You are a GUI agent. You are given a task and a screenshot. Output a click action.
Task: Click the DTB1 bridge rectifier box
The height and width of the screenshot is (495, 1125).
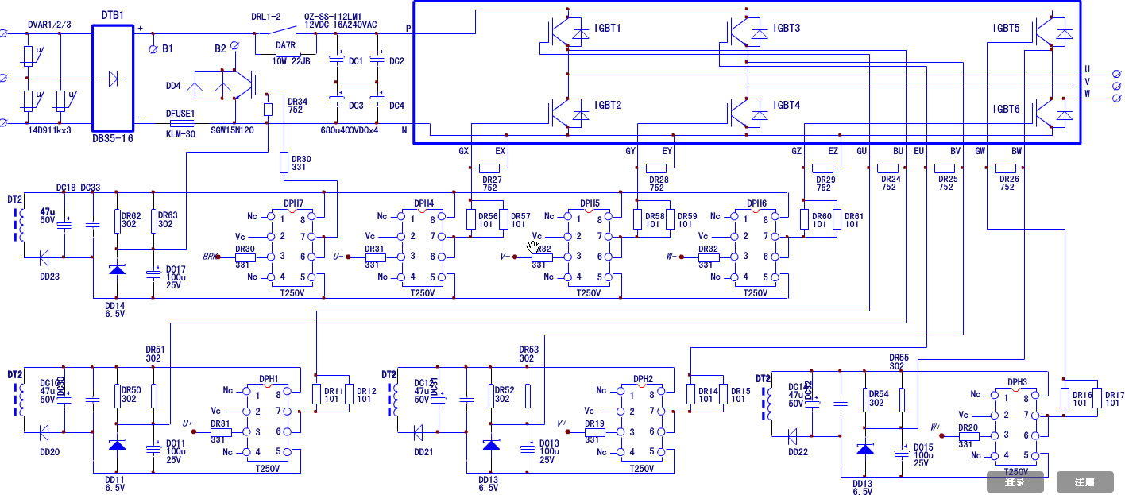[x=113, y=78]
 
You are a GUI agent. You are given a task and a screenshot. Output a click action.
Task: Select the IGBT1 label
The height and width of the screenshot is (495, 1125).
[x=608, y=29]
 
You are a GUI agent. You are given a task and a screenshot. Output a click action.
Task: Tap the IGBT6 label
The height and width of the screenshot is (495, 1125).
[x=1006, y=110]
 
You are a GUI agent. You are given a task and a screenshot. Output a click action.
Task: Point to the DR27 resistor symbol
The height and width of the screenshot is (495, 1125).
[x=489, y=168]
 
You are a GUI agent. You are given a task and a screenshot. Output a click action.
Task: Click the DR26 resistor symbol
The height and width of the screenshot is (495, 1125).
[x=1006, y=168]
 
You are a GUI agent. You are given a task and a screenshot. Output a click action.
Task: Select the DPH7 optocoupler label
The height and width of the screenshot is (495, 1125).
[x=293, y=203]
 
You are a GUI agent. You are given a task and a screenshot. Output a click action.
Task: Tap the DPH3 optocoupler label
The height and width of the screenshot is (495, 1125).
[x=1017, y=382]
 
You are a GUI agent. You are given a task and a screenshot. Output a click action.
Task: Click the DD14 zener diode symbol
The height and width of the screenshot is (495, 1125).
[x=117, y=269]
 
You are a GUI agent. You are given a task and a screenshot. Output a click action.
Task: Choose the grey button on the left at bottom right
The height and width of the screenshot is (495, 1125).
[x=1015, y=481]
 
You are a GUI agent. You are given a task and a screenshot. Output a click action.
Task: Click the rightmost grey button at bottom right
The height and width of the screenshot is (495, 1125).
[x=1084, y=481]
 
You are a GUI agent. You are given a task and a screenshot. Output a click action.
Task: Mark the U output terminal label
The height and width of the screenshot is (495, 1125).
[x=1087, y=69]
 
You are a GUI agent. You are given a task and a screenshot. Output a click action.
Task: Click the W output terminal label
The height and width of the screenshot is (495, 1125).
[x=1087, y=94]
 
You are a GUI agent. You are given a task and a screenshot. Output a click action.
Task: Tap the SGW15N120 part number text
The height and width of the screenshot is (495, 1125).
[x=233, y=130]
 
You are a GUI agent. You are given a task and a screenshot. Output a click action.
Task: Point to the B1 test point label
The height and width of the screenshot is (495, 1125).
[x=168, y=49]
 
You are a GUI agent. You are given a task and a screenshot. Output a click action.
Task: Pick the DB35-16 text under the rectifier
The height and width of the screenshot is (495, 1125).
[x=113, y=137]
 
